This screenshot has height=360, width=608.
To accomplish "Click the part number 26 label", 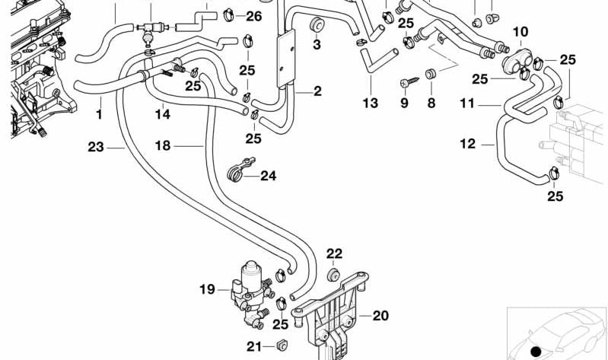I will [x=253, y=15].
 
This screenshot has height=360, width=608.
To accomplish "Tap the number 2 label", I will [x=317, y=91].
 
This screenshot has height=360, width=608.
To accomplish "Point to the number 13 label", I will [x=370, y=104].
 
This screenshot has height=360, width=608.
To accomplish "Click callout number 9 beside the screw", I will [x=404, y=103].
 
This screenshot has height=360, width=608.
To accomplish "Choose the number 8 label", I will [x=431, y=103].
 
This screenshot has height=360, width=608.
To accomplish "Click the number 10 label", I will [x=520, y=31].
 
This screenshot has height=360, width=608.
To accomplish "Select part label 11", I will [x=467, y=103].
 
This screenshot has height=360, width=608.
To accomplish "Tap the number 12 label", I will [x=467, y=142].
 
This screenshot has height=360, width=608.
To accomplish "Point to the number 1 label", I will [x=98, y=115].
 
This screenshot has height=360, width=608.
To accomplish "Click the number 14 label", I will [x=163, y=115].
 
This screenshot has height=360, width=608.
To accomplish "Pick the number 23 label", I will [x=94, y=147].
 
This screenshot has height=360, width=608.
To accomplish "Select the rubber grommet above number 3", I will [x=313, y=28].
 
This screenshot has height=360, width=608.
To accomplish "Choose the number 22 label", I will [x=335, y=253].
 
